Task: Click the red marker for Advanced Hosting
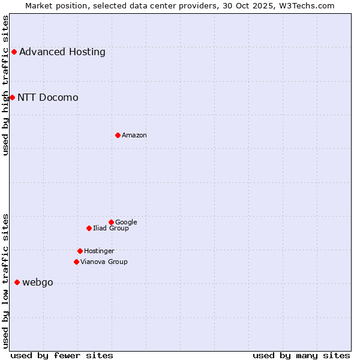[x=14, y=52]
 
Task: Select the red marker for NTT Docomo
[x=12, y=97]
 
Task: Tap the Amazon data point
[x=118, y=135]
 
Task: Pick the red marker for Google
[x=111, y=222]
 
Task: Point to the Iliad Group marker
[x=89, y=228]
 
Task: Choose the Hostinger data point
[x=80, y=251]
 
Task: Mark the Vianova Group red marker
[x=76, y=262]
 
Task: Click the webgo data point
[x=17, y=282]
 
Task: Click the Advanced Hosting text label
[x=62, y=52]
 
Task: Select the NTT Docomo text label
[x=48, y=97]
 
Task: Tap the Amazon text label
[x=134, y=135]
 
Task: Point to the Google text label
[x=126, y=222]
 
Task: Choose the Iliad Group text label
[x=111, y=228]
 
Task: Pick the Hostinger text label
[x=99, y=251]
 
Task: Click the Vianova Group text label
[x=104, y=262]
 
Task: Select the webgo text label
[x=38, y=282]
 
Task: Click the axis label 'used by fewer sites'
[x=62, y=355]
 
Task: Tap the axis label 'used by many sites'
[x=301, y=355]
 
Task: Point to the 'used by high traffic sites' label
[x=5, y=85]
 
